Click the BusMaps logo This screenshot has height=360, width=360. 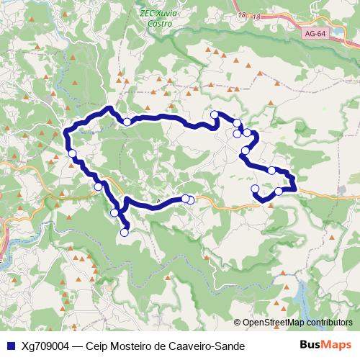325,345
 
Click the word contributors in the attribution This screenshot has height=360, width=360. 329,323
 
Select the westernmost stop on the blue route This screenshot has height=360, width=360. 72,153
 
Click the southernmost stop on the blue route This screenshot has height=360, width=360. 124,232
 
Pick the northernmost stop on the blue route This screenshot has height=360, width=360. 214,114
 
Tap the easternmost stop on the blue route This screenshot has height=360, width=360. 279,191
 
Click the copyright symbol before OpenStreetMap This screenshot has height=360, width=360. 238,323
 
